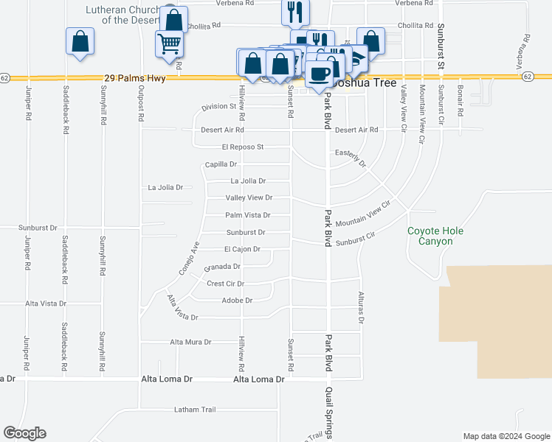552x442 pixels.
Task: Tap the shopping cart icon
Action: click(169, 44)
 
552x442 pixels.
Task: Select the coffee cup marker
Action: click(319, 73)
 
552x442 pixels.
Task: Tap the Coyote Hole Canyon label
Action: click(436, 236)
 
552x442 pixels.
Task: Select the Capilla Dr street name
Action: click(221, 164)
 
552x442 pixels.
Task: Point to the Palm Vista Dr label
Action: click(247, 215)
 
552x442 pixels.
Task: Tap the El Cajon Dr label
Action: click(242, 250)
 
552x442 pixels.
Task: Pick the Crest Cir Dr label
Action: click(225, 284)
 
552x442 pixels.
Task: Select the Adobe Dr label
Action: click(237, 301)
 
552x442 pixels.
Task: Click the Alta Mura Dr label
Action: click(190, 342)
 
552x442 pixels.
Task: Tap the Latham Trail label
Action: click(195, 410)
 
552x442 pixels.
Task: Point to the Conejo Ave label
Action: click(190, 259)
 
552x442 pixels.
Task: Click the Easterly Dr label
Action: click(351, 156)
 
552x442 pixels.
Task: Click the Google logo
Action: click(24, 433)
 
